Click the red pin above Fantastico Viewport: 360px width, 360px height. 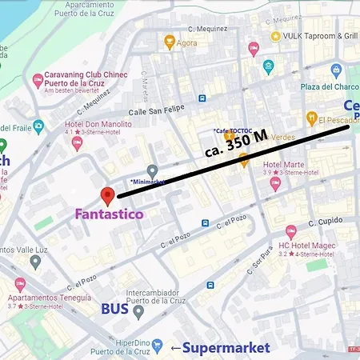point(107,196)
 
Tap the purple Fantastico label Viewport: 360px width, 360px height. point(110,214)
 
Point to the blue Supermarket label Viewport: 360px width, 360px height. point(226,347)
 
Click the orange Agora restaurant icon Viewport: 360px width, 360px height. point(170,42)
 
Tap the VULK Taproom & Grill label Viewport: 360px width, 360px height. point(319,36)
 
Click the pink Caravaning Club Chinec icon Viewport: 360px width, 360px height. point(38,81)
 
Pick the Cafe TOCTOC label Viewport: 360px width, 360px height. point(234,130)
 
